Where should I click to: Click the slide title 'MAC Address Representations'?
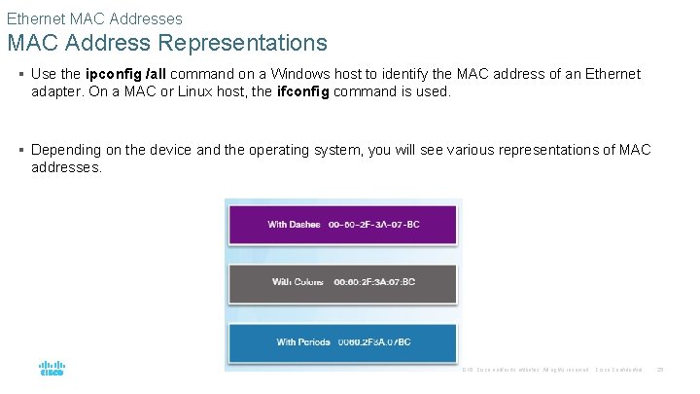point(167,43)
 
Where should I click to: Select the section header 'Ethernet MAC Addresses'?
point(94,18)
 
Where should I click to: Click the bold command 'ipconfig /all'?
point(125,74)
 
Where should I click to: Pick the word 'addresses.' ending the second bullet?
point(66,167)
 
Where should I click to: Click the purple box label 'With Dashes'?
point(294,225)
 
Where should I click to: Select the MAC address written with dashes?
point(374,225)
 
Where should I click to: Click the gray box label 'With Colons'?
point(297,282)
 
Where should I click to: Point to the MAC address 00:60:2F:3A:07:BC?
point(374,282)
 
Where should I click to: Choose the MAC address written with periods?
point(373,341)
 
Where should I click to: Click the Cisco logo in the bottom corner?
point(52,370)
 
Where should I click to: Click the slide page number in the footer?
point(659,371)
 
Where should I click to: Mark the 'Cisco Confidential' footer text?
point(618,371)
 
